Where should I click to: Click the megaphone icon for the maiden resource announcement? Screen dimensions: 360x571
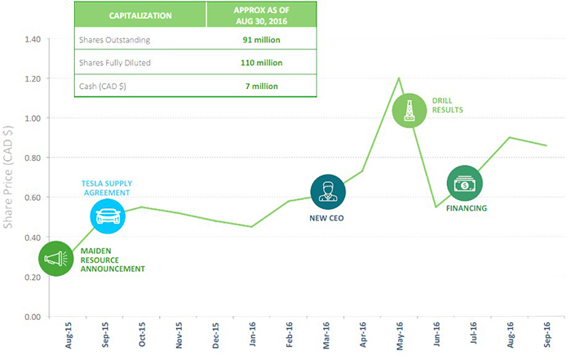[x=56, y=259]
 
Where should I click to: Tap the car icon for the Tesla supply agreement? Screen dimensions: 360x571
[x=107, y=216]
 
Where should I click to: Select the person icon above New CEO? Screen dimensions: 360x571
[x=328, y=191]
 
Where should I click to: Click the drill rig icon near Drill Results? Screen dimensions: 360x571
[x=409, y=109]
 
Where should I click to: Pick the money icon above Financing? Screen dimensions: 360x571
[x=464, y=184]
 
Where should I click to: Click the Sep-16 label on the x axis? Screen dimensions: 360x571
[x=547, y=338]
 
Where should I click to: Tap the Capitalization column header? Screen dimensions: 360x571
[x=139, y=15]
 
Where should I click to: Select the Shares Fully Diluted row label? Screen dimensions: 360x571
[x=117, y=62]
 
